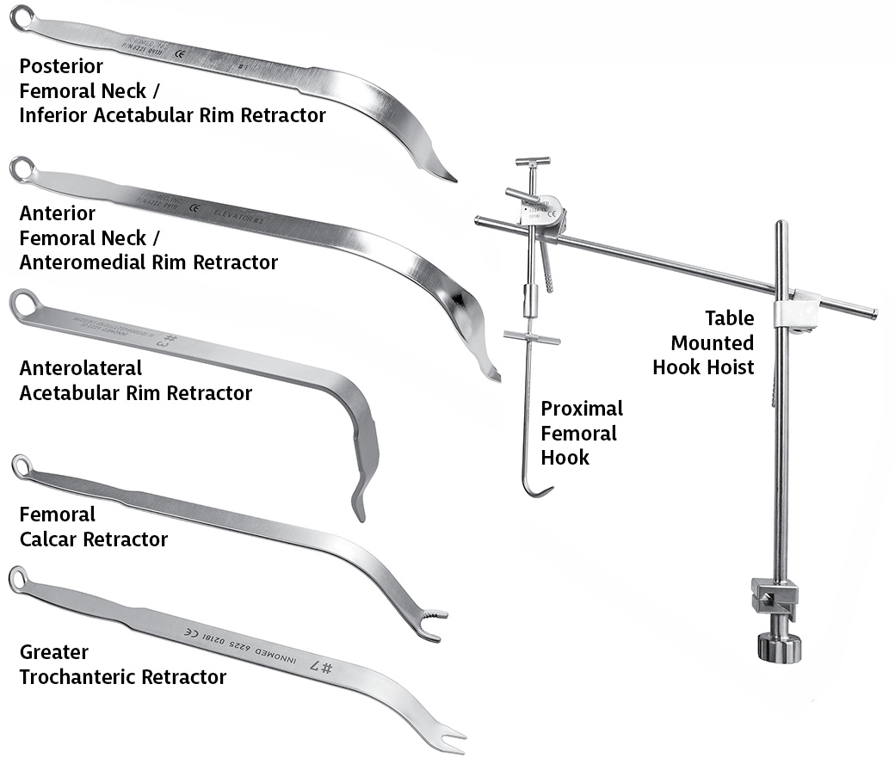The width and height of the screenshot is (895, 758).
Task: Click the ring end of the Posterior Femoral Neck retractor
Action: click(20, 15)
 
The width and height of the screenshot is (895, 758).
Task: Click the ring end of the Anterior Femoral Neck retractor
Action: click(20, 169)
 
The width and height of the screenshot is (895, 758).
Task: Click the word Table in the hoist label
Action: click(729, 318)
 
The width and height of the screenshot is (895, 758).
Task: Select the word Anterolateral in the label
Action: click(81, 368)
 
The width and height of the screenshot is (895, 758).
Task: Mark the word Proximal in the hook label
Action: click(581, 409)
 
